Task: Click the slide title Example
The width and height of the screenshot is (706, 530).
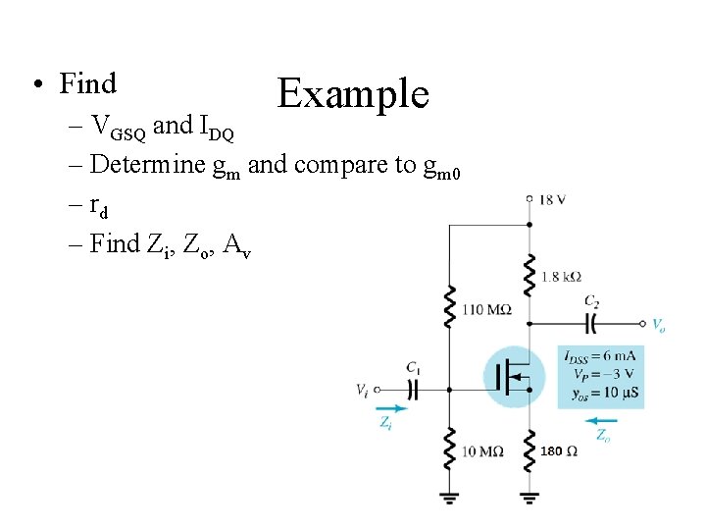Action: click(x=353, y=94)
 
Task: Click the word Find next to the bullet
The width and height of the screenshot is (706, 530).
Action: click(x=87, y=84)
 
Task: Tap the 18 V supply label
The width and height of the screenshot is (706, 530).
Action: click(x=552, y=199)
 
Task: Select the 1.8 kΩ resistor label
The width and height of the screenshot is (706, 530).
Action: click(x=561, y=278)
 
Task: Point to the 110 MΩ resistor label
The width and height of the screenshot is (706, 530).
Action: click(x=486, y=310)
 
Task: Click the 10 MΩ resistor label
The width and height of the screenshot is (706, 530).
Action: click(x=482, y=451)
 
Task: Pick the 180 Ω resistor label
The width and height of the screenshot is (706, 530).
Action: click(x=559, y=451)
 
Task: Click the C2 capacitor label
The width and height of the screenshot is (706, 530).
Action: click(x=591, y=301)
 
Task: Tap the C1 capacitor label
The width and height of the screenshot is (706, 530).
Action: click(x=413, y=369)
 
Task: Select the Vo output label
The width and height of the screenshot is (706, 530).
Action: click(x=658, y=323)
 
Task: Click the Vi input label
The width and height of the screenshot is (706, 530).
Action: click(x=363, y=391)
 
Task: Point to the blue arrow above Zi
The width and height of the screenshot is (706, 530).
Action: click(x=389, y=409)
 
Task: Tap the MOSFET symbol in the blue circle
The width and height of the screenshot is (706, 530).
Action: click(x=514, y=377)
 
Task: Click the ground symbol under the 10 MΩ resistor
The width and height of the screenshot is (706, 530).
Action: click(x=450, y=497)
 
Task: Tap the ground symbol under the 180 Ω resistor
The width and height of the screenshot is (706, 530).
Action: click(x=529, y=497)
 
